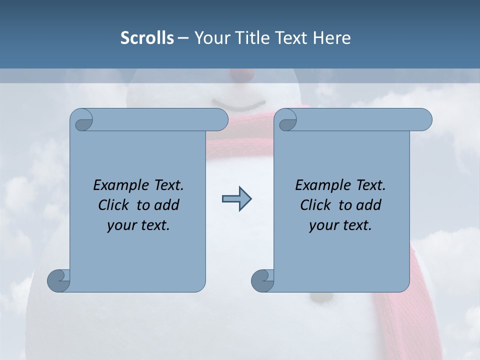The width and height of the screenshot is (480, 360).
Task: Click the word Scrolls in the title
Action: coord(147,38)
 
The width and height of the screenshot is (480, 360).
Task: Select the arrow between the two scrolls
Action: coord(236,199)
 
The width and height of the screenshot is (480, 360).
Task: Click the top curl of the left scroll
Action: coord(82,120)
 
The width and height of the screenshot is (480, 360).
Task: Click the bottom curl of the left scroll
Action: coord(58,280)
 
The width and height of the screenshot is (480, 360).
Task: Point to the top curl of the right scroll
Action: coord(286,120)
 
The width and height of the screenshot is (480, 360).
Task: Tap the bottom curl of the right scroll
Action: coord(262,280)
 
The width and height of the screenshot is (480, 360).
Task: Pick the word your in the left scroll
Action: coord(121,225)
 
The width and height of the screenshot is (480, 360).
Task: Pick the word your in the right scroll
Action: coord(323,225)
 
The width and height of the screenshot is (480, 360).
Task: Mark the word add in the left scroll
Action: coord(167,205)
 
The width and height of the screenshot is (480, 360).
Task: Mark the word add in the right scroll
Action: coord(369,205)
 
